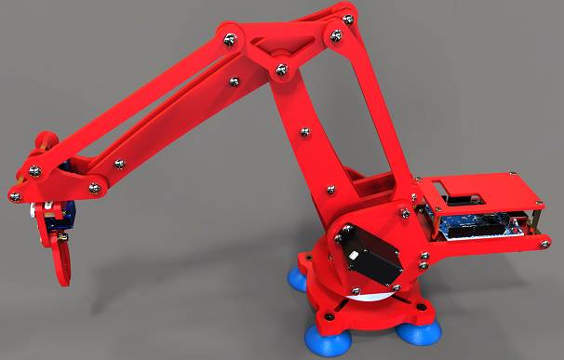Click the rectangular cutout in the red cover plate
[x=463, y=196]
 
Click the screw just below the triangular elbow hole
[x=280, y=68]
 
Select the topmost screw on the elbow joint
[x=349, y=17]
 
